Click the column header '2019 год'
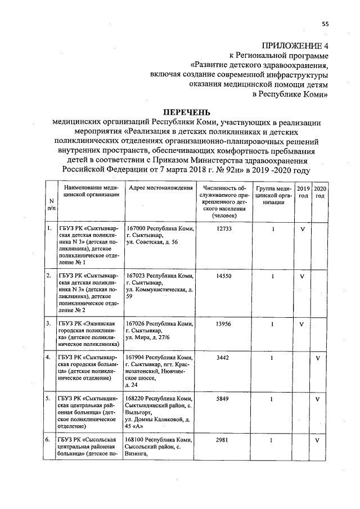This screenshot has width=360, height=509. tap(303, 192)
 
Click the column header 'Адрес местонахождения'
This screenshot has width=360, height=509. tap(160, 188)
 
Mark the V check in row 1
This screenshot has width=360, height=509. tap(303, 229)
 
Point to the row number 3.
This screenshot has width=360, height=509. tap(49, 324)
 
